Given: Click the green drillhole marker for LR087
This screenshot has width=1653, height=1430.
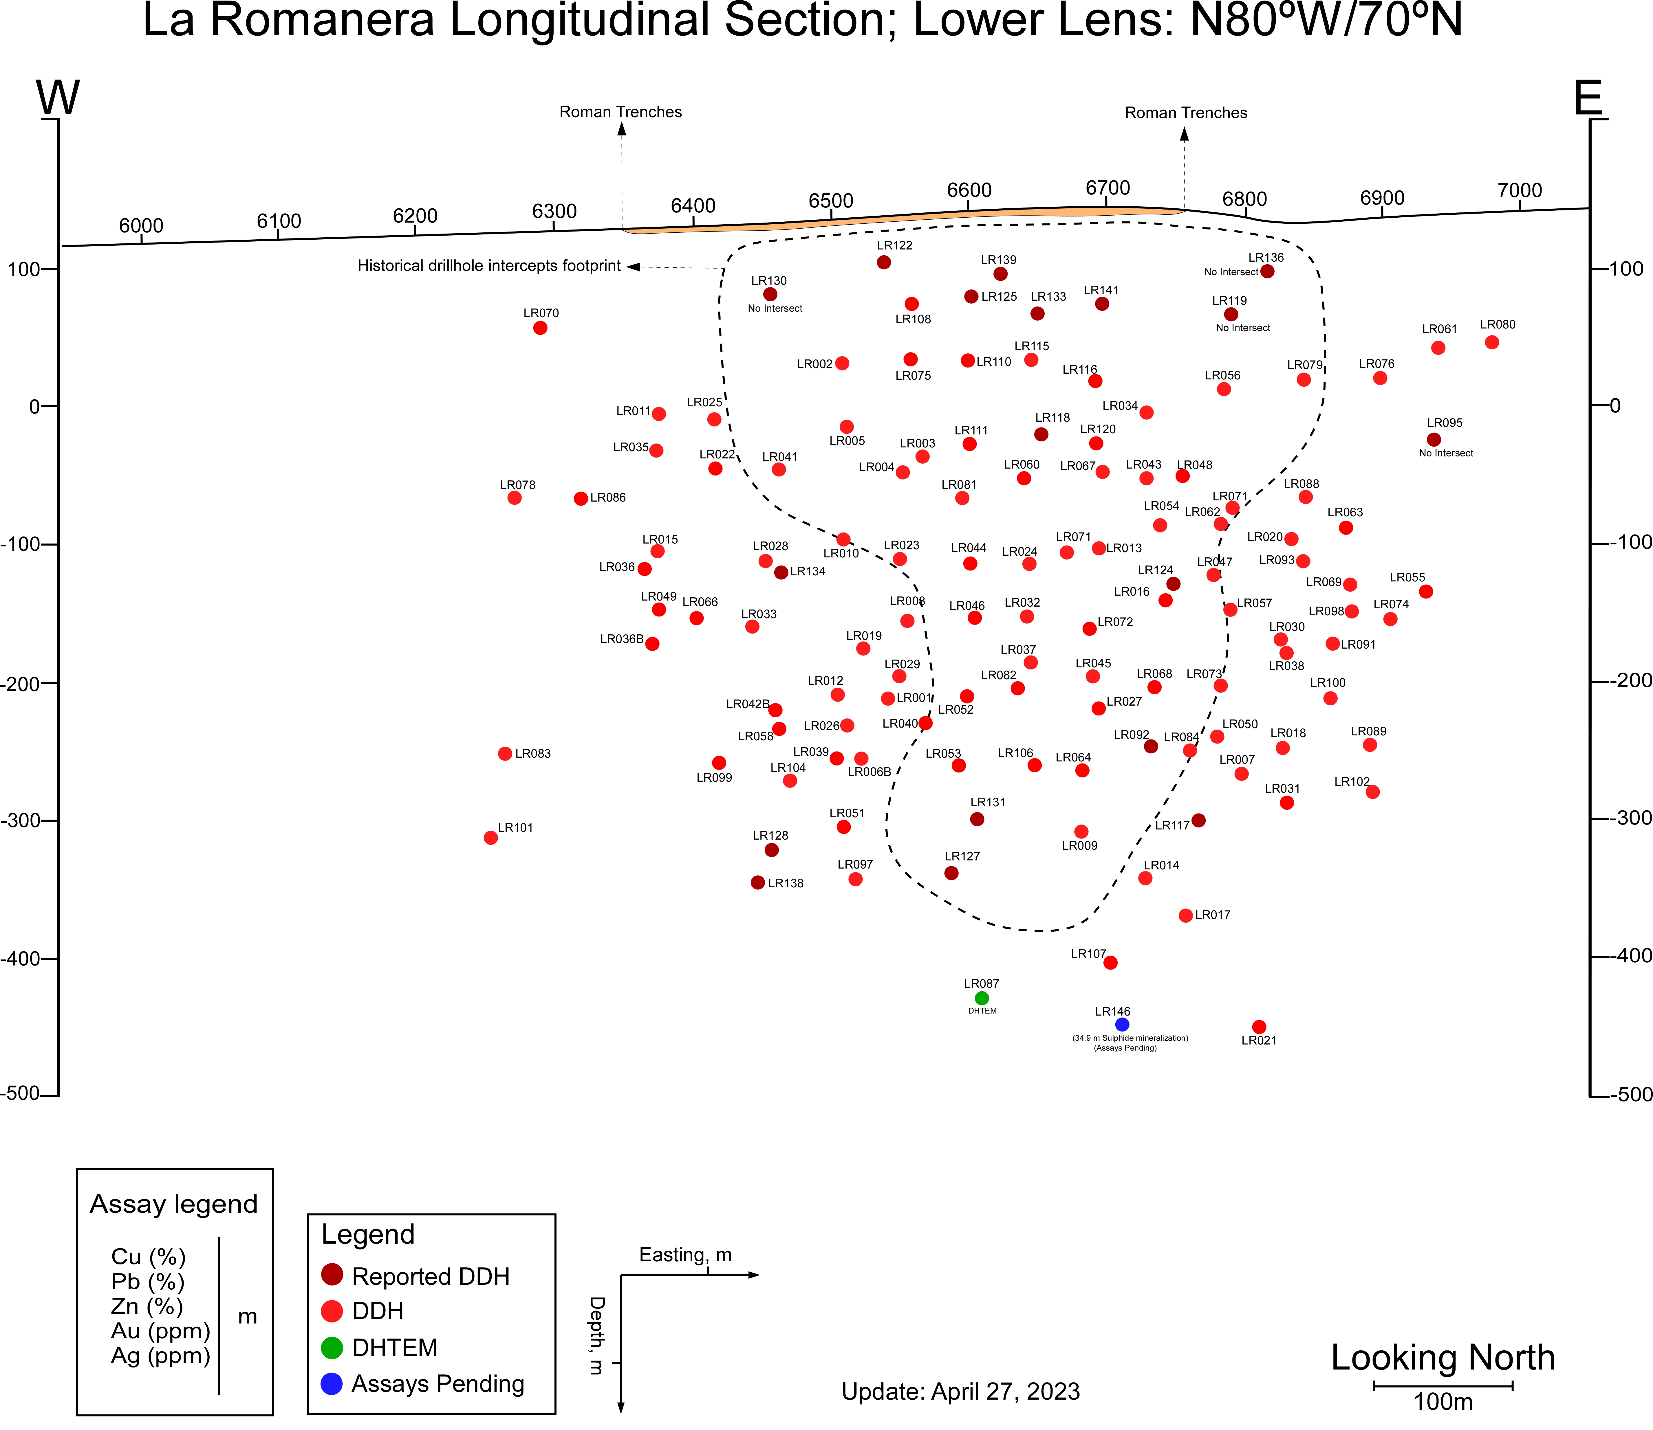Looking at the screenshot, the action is click(x=982, y=998).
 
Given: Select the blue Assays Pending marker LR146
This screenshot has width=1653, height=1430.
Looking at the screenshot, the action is click(x=1122, y=1025).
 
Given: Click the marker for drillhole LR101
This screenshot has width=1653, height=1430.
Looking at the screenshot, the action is click(x=491, y=838).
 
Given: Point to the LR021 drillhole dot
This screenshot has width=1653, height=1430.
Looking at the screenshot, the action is click(x=1260, y=1027).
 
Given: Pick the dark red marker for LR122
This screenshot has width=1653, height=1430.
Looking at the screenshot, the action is click(x=884, y=262).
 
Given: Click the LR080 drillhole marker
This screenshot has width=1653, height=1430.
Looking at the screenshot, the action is click(x=1492, y=342).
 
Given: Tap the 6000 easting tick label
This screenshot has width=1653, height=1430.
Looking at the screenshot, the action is click(x=141, y=226).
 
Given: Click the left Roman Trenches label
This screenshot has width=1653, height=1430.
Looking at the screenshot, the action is click(x=621, y=112).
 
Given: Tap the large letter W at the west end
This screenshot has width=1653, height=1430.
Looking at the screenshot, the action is click(x=58, y=98).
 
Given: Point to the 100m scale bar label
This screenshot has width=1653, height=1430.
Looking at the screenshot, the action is click(x=1443, y=1402).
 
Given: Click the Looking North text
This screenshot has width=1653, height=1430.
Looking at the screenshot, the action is click(x=1443, y=1357).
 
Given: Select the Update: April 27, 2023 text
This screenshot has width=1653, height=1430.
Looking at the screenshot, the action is click(x=961, y=1392).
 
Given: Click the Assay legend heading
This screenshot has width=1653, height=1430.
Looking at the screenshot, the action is click(x=174, y=1204).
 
